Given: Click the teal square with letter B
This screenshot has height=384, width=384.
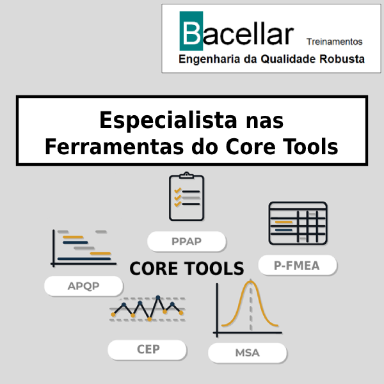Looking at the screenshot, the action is click(x=191, y=31).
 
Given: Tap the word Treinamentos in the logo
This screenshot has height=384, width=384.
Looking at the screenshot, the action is click(x=334, y=42).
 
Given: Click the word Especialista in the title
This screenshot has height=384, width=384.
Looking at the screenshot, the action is click(x=168, y=120).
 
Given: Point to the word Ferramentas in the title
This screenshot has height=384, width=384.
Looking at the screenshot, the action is click(x=114, y=147).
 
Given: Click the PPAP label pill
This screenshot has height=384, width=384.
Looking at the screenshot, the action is click(x=186, y=241).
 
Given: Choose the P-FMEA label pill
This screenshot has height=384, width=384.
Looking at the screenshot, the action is click(x=298, y=265).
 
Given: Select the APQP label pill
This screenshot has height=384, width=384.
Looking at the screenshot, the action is click(x=83, y=286).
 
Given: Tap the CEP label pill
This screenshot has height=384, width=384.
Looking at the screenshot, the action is click(x=147, y=349).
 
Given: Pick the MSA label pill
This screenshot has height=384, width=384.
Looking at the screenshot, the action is click(x=247, y=353).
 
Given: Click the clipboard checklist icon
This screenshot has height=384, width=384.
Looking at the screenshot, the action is click(x=187, y=196).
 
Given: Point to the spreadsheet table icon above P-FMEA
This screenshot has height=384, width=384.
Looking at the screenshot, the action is click(x=298, y=223).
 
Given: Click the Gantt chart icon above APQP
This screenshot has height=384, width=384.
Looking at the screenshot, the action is click(x=83, y=248).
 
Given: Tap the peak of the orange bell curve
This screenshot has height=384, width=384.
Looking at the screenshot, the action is click(x=250, y=282).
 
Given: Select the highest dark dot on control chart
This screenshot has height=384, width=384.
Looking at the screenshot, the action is click(x=158, y=298).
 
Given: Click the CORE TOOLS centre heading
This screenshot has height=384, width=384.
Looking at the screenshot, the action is click(x=187, y=268).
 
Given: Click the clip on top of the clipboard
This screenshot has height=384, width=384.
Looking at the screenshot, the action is click(x=187, y=175).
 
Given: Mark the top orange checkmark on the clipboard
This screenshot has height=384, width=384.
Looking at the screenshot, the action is click(x=177, y=191).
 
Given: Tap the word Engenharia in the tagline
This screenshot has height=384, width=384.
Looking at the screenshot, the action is click(x=209, y=60).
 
